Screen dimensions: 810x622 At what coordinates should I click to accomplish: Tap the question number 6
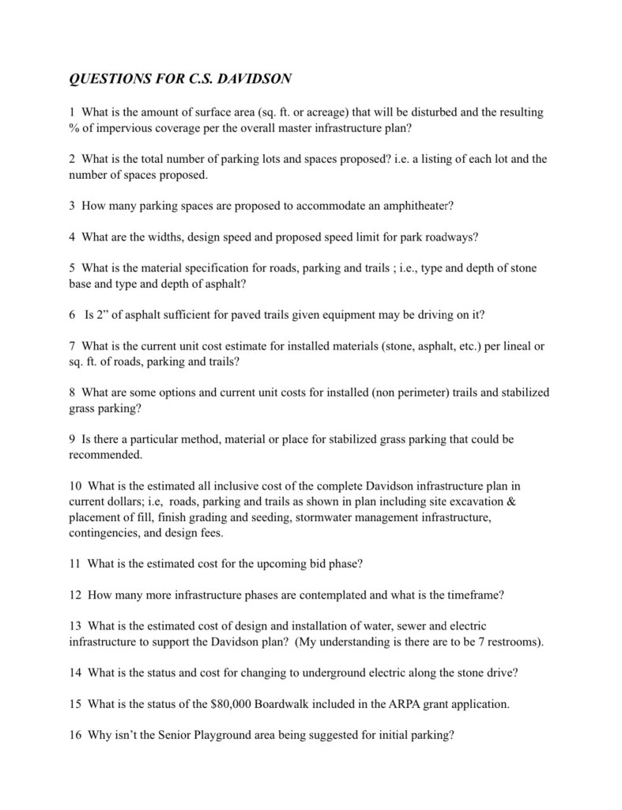pos(73,314)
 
